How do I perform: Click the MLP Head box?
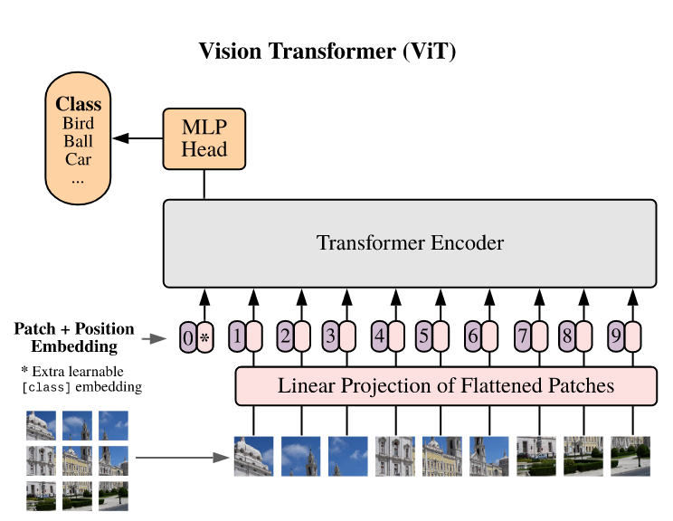point(204,138)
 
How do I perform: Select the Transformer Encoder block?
point(409,243)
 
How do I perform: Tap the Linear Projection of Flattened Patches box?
point(445,386)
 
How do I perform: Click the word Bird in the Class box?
point(78,124)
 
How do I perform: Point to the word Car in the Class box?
point(78,160)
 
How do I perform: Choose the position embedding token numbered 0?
point(187,338)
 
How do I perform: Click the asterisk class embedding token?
point(204,338)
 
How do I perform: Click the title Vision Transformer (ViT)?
point(327,52)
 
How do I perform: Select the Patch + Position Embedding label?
point(74,337)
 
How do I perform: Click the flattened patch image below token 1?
point(253,456)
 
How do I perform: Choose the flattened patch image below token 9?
point(630,456)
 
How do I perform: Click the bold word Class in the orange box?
point(78,104)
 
